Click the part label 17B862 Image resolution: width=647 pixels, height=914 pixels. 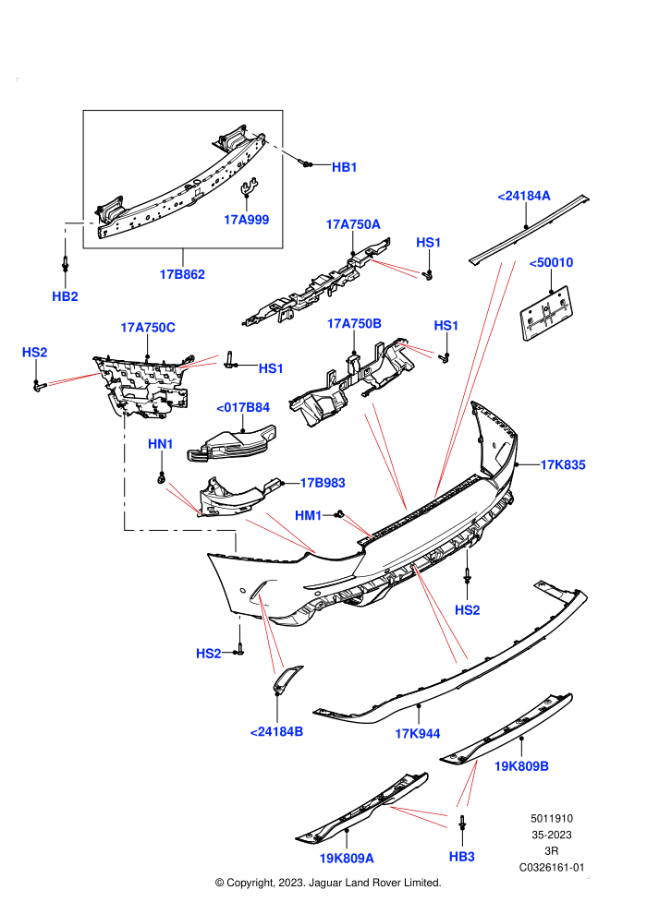click(182, 274)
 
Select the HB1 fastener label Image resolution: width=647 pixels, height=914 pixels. click(344, 167)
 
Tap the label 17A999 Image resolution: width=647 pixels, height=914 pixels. click(246, 220)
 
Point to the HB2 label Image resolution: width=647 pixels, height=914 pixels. click(65, 296)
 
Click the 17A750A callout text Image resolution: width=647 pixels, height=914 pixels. click(353, 224)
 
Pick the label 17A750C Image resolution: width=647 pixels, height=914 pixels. click(148, 328)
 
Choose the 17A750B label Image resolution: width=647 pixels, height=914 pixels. click(354, 323)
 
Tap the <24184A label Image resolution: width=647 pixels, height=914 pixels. click(524, 196)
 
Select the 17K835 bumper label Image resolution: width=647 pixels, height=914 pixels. click(562, 464)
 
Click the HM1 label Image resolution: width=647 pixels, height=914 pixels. click(308, 515)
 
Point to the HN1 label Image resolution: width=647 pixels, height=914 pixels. click(161, 444)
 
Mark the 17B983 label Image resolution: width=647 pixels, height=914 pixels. click(323, 483)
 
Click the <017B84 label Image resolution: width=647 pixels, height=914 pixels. click(243, 407)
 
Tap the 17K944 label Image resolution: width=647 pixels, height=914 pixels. click(418, 734)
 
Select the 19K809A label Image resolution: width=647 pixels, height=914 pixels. click(347, 858)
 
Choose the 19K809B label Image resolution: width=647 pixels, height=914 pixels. click(521, 766)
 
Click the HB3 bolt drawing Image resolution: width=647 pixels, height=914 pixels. click(462, 823)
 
